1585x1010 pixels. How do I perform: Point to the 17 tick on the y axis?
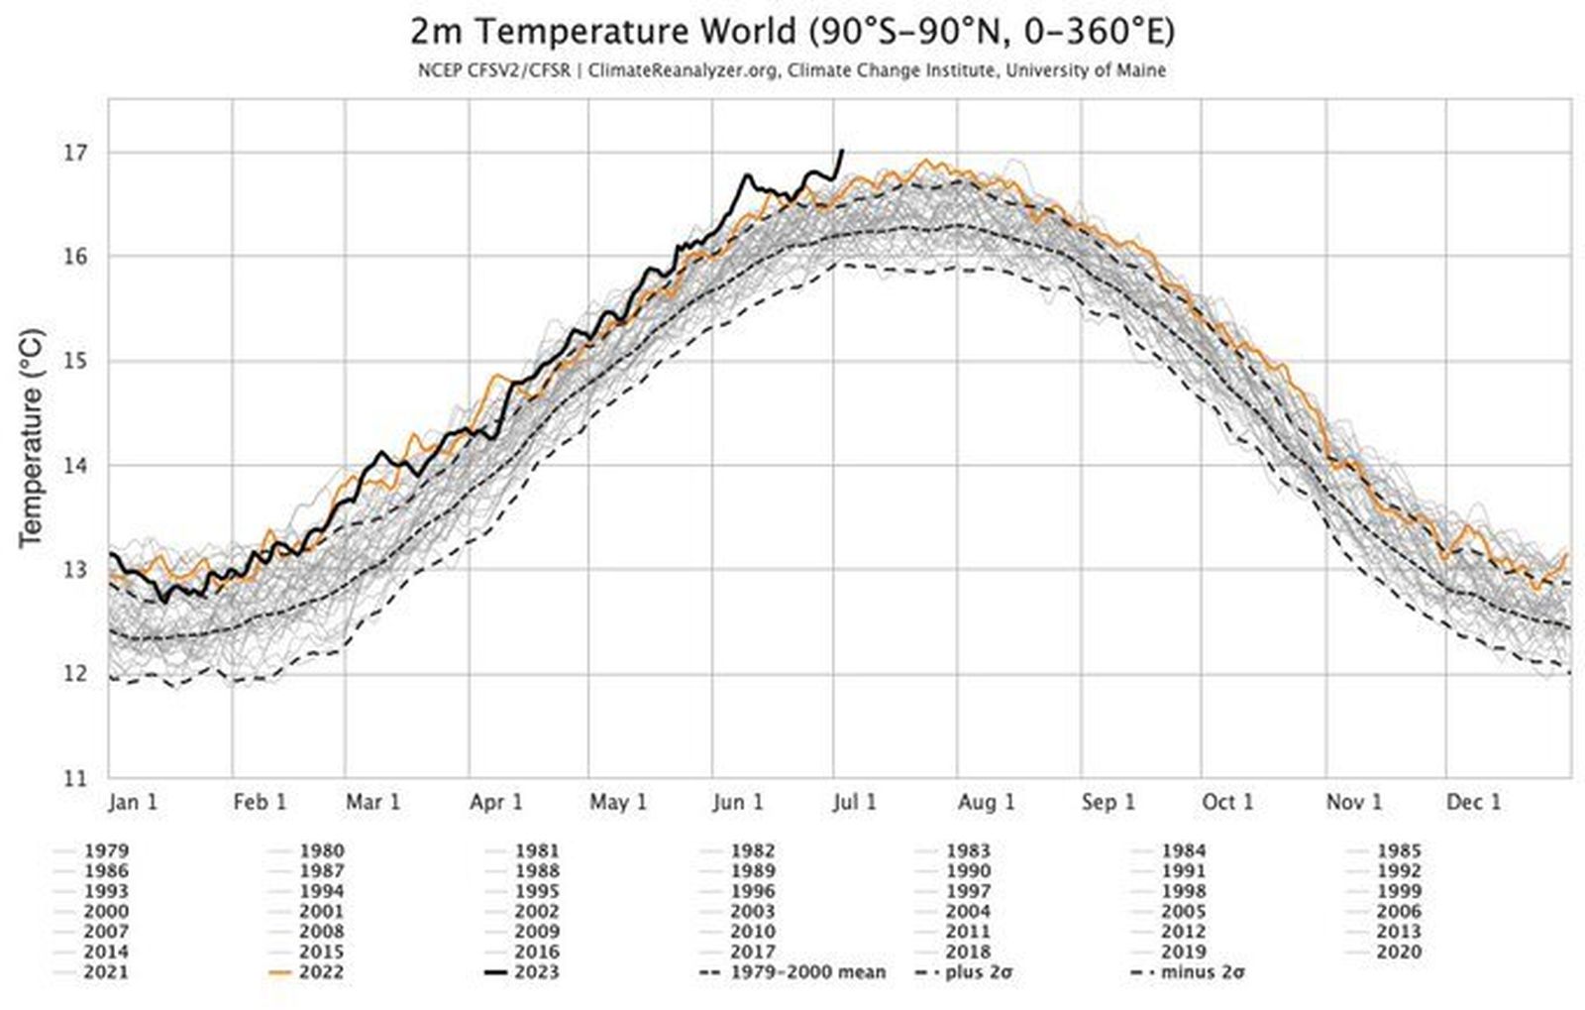75,153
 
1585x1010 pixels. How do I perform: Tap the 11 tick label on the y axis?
75,778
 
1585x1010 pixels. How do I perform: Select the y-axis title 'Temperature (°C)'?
31,437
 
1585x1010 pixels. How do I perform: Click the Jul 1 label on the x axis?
854,802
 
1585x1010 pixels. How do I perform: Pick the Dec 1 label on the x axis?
1473,802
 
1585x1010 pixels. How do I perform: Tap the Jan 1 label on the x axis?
133,802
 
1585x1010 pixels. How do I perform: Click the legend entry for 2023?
536,972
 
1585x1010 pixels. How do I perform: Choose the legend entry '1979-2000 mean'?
807,972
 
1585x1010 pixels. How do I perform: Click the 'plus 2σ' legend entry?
976,972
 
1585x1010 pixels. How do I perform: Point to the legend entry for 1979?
106,850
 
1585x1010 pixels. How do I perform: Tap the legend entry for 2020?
1398,952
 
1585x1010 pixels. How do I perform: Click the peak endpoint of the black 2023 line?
842,151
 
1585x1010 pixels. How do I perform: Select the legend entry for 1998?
1183,891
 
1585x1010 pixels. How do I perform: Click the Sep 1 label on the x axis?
1108,802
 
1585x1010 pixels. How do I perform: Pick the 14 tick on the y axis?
75,466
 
